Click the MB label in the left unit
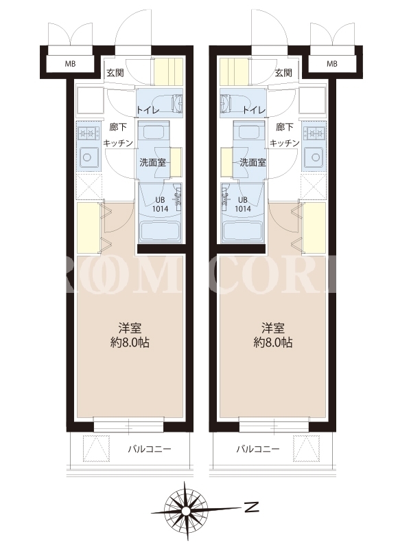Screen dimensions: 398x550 click(70, 64)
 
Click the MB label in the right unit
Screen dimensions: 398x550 click(332, 64)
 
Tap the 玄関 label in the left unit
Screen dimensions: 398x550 click(115, 73)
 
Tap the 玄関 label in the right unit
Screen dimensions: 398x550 click(283, 73)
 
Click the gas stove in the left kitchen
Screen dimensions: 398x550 click(88, 133)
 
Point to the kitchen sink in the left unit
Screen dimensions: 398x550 click(88, 157)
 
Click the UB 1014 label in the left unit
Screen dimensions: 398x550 click(160, 204)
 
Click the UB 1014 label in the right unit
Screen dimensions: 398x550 click(243, 204)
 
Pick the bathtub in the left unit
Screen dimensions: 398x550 click(160, 231)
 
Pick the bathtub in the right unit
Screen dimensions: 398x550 click(243, 231)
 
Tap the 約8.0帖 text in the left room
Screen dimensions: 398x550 click(130, 342)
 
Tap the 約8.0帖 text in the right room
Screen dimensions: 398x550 click(273, 342)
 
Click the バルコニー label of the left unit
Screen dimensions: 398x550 click(150, 449)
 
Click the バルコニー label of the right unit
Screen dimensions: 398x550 click(257, 449)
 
